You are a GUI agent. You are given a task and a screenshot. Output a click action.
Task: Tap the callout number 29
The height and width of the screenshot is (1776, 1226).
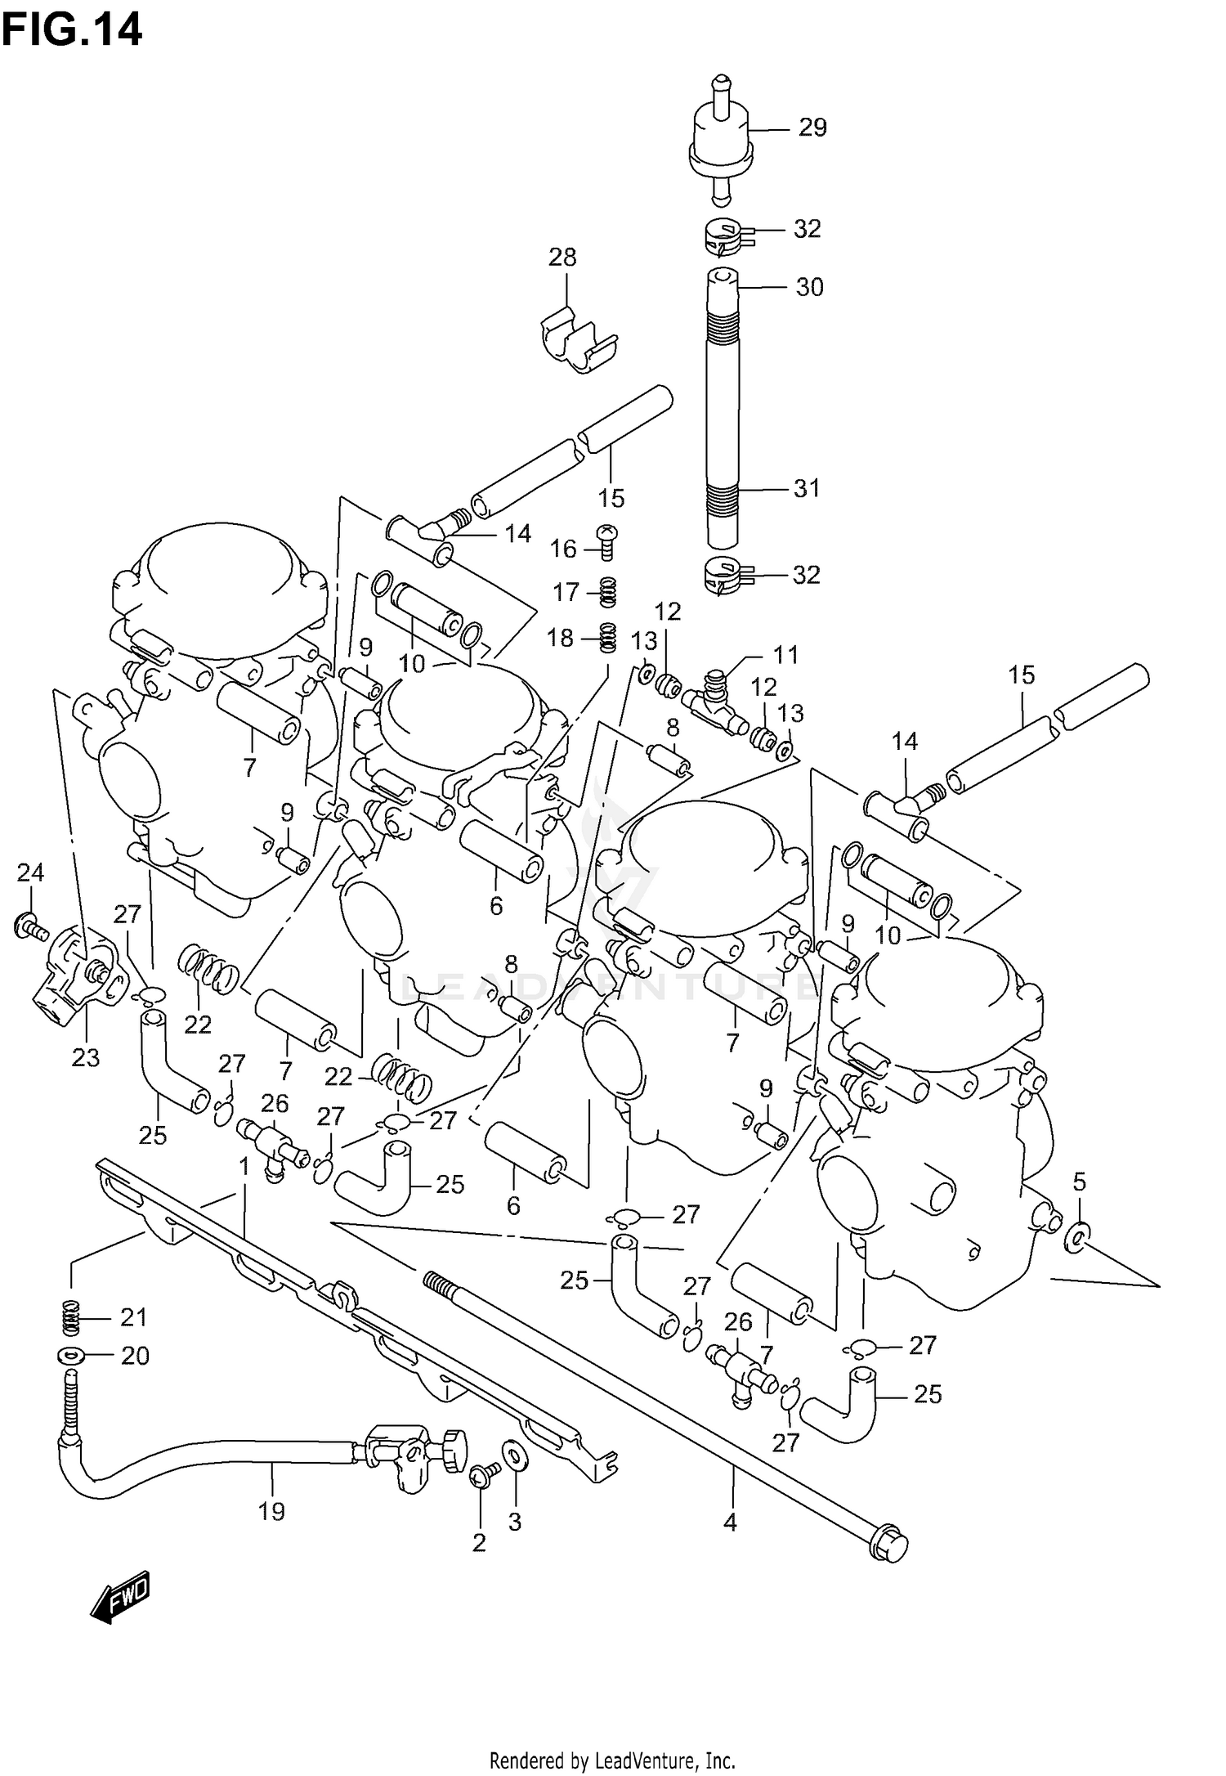[x=812, y=128]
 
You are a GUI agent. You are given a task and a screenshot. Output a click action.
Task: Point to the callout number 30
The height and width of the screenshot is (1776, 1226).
[x=809, y=287]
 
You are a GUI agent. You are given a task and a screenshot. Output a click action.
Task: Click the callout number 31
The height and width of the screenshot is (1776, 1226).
[x=807, y=488]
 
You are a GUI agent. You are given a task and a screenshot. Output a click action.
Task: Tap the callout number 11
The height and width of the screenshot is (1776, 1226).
[x=785, y=654]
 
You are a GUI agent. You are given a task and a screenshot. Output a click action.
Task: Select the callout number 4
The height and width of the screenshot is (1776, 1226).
[x=730, y=1522]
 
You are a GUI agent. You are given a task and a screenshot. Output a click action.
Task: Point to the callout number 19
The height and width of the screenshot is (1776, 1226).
[x=271, y=1512]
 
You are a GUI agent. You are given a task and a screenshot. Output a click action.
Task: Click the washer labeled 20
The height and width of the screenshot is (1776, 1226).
[x=71, y=1356]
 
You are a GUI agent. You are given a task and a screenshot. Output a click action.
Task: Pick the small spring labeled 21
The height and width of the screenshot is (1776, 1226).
[x=72, y=1316]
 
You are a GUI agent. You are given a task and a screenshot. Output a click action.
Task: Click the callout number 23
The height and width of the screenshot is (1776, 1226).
[x=85, y=1058]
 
